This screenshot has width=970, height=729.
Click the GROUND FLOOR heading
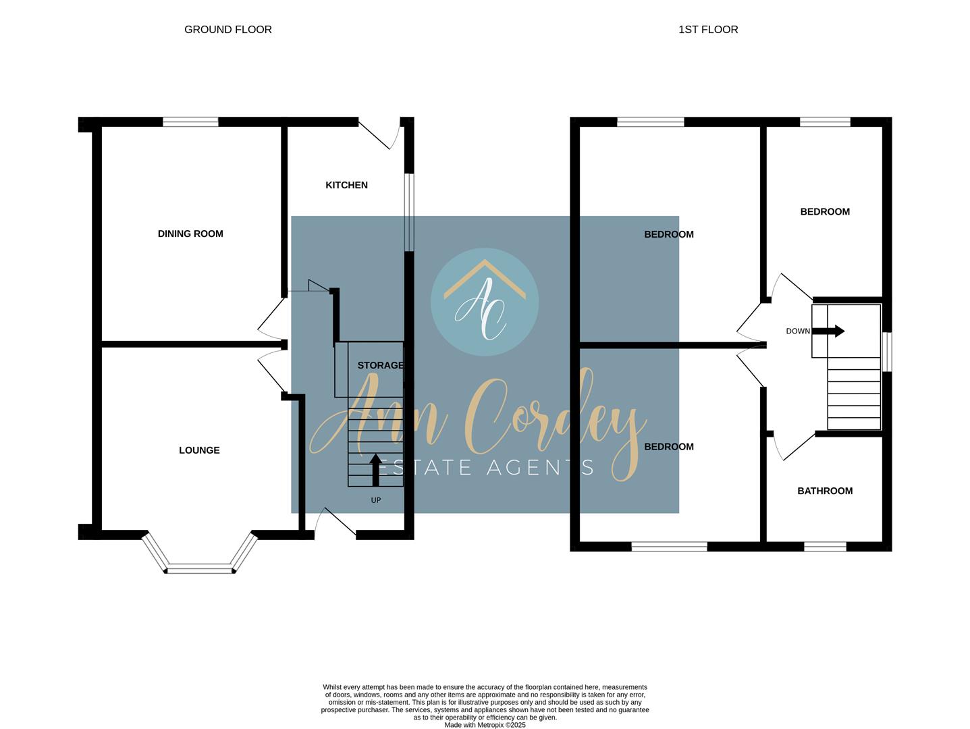pyautogui.click(x=227, y=30)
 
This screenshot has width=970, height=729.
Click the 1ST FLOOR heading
pyautogui.click(x=708, y=30)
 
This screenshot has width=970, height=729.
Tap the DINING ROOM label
pyautogui.click(x=190, y=234)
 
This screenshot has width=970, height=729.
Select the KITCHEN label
pyautogui.click(x=346, y=185)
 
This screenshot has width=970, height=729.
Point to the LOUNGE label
pyautogui.click(x=199, y=450)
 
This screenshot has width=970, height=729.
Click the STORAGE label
pyautogui.click(x=380, y=365)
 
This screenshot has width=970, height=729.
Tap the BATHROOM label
pyautogui.click(x=825, y=491)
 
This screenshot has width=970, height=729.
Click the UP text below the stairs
pyautogui.click(x=376, y=500)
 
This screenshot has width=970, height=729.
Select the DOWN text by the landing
pyautogui.click(x=798, y=331)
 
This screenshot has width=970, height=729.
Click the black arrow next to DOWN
pyautogui.click(x=828, y=331)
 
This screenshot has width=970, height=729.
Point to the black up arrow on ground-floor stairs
pyautogui.click(x=376, y=470)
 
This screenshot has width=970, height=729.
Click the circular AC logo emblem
pyautogui.click(x=485, y=302)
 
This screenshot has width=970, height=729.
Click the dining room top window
pyautogui.click(x=190, y=122)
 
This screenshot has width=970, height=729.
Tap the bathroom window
pyautogui.click(x=825, y=547)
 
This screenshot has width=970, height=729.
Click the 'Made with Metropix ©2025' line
pyautogui.click(x=485, y=725)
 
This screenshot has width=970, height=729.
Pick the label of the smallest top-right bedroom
pyautogui.click(x=825, y=212)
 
